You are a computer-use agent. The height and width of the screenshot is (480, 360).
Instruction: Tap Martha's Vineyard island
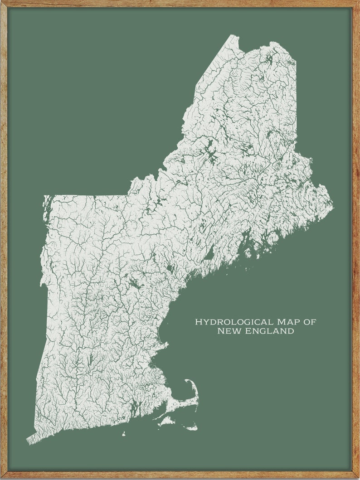[166, 422]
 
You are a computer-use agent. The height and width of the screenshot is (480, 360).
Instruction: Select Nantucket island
[192, 427]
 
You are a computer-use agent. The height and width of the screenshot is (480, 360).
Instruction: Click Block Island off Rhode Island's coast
[123, 434]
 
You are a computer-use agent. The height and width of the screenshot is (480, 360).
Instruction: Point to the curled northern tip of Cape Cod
[187, 381]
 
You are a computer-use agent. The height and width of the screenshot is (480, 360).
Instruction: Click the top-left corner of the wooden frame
[2, 2]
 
